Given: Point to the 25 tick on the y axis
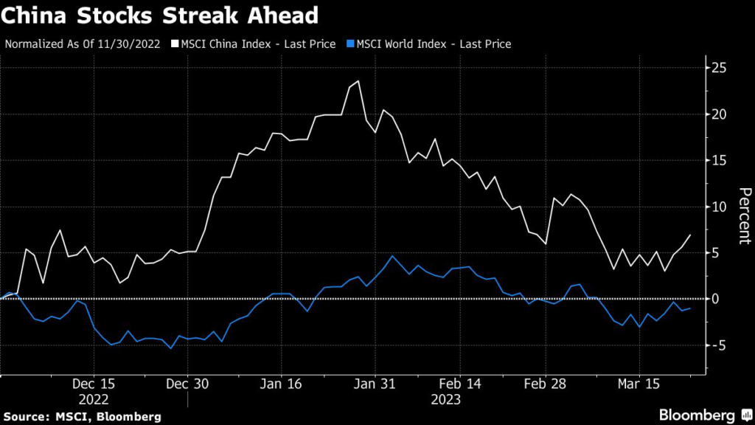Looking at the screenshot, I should (x=719, y=68).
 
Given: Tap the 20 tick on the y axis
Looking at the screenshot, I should (x=719, y=114).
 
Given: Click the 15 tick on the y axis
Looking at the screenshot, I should (x=719, y=160).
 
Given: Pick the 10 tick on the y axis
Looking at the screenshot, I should (x=719, y=207).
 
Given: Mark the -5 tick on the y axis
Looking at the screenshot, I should (x=719, y=345).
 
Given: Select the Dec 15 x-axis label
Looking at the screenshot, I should (x=94, y=384).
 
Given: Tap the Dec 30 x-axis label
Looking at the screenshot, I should (x=187, y=384).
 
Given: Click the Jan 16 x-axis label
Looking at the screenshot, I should (x=282, y=384).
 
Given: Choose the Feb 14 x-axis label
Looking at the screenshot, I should (x=460, y=384).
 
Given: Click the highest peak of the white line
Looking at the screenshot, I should (x=358, y=81).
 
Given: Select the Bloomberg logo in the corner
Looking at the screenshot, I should (x=700, y=414).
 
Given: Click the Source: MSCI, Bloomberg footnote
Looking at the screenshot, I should (x=81, y=417).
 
